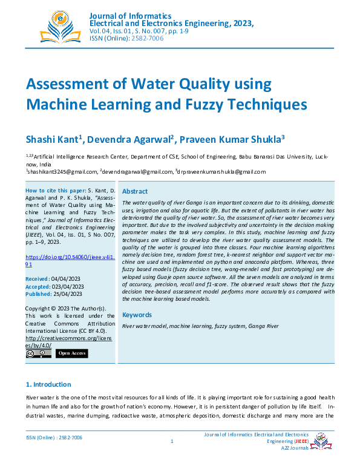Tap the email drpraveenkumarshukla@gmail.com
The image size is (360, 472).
tap(222, 171)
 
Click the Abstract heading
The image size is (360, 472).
tap(135, 191)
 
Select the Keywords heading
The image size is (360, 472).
tap(137, 315)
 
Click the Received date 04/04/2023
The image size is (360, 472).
tap(70, 279)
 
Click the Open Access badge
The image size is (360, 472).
tap(71, 353)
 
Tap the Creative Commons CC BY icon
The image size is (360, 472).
tap(38, 353)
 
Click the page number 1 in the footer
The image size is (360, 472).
tap(172, 441)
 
